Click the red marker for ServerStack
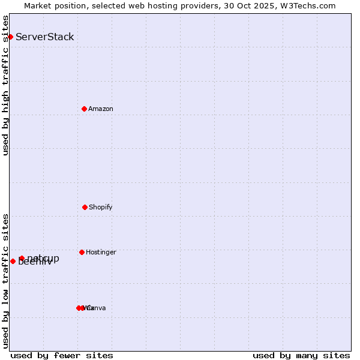coord(10,37)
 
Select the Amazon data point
coord(84,109)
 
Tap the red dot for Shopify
coord(85,207)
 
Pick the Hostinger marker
coord(82,252)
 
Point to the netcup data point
coord(22,258)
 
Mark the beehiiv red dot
coord(13,261)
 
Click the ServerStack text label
coord(45,37)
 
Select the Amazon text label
coord(101,109)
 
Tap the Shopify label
coord(101,207)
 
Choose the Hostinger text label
coord(101,252)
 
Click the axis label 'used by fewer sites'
coord(62,355)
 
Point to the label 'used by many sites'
coord(301,355)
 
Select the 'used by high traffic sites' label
coord(5,85)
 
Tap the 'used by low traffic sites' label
coord(5,281)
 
